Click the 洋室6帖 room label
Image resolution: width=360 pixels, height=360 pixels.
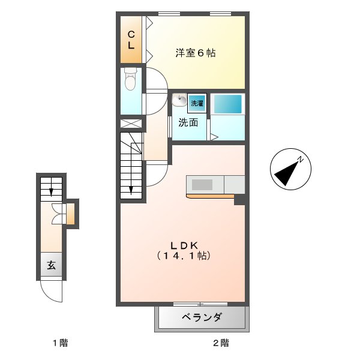(x=195, y=53)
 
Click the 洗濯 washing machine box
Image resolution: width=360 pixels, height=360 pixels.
(x=197, y=103)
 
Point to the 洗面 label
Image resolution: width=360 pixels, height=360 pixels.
(x=188, y=123)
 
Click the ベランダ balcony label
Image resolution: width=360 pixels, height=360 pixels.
(x=202, y=317)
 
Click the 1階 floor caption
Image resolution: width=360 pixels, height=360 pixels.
(x=59, y=344)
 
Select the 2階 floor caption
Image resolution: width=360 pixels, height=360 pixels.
(x=220, y=344)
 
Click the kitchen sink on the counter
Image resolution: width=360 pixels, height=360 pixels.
(x=202, y=185)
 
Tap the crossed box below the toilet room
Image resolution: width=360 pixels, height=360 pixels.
(x=132, y=124)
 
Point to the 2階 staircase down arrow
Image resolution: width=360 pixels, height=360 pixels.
(x=131, y=190)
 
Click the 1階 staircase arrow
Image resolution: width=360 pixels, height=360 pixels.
(x=52, y=191)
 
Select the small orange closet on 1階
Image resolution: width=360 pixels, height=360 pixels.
(x=71, y=214)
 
